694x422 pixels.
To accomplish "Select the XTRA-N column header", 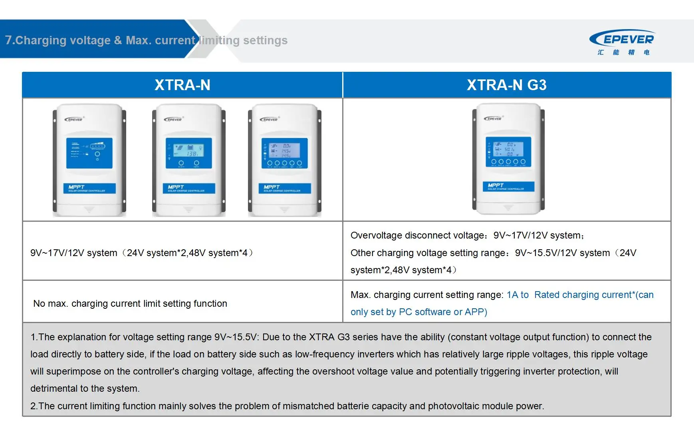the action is coord(182,85).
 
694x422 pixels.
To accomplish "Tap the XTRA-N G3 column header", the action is coord(506,85).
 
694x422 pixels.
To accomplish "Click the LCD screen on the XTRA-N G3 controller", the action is coord(508,152).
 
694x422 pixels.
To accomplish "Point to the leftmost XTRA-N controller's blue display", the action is coord(89,153).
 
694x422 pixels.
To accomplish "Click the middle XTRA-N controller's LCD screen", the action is coord(188,153).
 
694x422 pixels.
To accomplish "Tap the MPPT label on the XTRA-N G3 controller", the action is coord(496,185).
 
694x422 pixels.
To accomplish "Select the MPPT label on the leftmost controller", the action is coord(76,187).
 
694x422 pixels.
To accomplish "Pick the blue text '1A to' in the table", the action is coord(518,295).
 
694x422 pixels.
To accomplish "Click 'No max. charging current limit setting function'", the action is coord(130,304).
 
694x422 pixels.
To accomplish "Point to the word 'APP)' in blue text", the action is coord(476,312).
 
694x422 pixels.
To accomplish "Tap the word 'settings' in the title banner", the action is coord(265,40).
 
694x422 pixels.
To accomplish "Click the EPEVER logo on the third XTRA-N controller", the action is coord(269,119).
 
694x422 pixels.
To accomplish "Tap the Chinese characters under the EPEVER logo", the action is coord(623,52).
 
